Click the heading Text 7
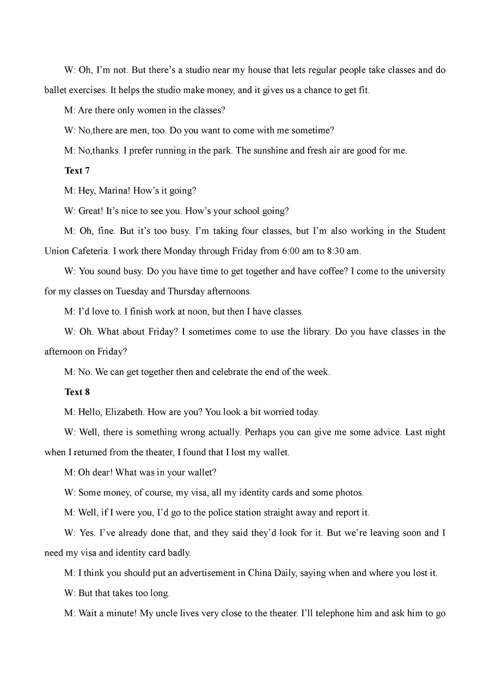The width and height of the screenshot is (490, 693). (77, 171)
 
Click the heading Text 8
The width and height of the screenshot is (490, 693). (77, 393)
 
